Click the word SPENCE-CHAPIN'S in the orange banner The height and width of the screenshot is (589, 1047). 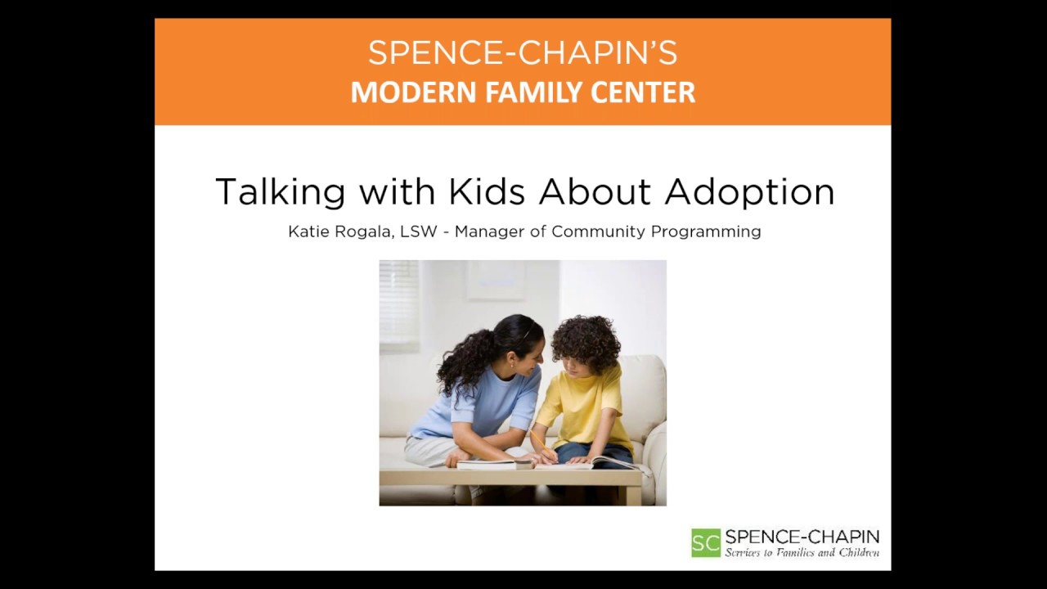point(522,53)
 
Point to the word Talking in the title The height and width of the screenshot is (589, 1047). point(281,193)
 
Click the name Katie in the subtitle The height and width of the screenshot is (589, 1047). point(308,232)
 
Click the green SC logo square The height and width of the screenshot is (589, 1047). point(706,542)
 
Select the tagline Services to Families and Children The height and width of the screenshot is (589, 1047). point(802,553)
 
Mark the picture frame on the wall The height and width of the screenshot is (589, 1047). point(496,280)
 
